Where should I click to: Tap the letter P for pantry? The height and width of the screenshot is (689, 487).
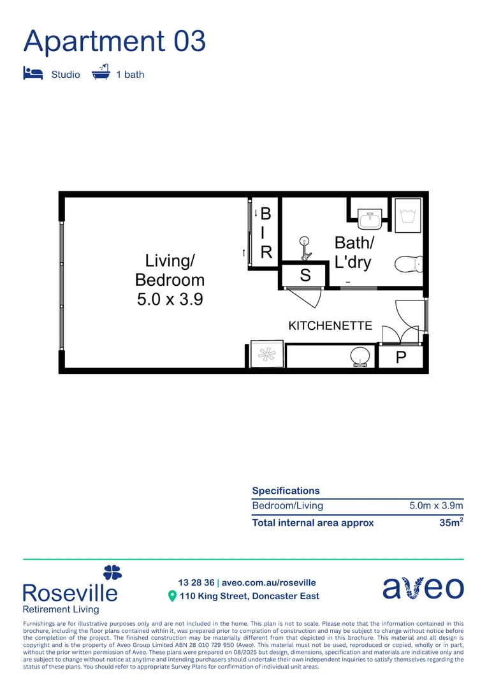[401, 358]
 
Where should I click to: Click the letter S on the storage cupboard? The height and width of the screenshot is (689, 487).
[305, 276]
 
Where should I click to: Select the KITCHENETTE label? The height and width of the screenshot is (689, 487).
[330, 326]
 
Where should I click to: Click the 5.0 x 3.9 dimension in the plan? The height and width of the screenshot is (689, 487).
[170, 299]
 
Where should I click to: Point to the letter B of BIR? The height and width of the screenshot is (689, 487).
[266, 213]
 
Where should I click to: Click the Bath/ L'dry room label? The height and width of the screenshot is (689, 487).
[354, 252]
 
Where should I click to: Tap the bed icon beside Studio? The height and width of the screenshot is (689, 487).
[33, 73]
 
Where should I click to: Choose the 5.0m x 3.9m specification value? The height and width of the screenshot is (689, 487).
[436, 506]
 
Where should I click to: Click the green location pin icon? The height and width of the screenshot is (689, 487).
[171, 596]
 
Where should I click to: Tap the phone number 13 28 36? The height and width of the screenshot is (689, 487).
[196, 582]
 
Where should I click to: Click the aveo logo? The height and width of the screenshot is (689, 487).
[423, 588]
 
